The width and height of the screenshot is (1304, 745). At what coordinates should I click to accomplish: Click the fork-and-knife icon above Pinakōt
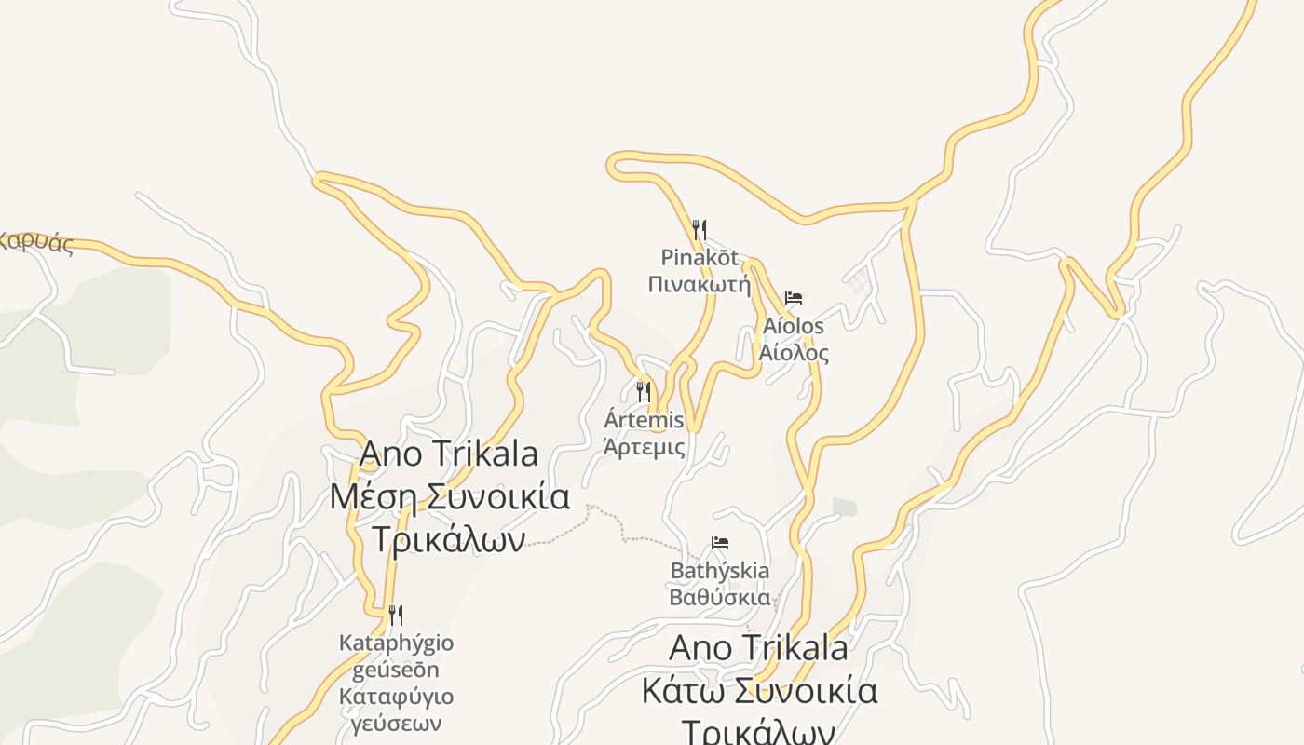tap(700, 229)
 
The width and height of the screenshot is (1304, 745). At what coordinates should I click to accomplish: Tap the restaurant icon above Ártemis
tap(644, 391)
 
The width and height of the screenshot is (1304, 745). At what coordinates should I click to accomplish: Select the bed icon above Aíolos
tap(794, 298)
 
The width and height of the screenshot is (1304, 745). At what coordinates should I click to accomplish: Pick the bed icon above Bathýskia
tap(720, 542)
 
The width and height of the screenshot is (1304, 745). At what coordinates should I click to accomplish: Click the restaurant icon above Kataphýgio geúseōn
tap(396, 615)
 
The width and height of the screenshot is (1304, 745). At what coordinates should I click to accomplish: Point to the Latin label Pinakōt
tap(700, 256)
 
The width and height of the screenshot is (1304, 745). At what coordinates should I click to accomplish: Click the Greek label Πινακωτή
tap(700, 284)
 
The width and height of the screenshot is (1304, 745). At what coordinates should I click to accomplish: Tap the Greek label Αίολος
tap(794, 353)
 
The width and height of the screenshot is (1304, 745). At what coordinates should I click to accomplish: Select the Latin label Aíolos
tap(794, 326)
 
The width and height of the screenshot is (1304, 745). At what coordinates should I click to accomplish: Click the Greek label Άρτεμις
tap(644, 447)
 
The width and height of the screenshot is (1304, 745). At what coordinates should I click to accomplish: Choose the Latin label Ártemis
tap(644, 420)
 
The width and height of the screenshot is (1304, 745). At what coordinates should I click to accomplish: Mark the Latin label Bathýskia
tap(720, 570)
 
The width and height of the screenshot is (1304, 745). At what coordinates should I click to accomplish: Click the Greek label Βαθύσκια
tap(720, 597)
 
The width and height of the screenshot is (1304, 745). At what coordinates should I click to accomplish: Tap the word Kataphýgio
tap(396, 643)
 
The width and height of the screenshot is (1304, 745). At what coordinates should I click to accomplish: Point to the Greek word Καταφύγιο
tap(396, 697)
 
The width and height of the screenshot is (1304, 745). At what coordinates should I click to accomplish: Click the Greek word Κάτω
tap(683, 691)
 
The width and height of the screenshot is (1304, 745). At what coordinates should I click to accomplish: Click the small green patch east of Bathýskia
tap(845, 507)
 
